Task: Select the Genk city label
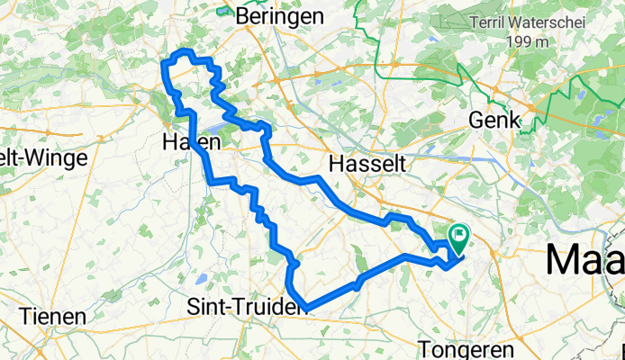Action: point(494,120)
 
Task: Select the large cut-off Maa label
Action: point(585,260)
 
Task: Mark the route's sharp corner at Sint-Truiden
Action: point(307,306)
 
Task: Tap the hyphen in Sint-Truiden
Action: point(226,307)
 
